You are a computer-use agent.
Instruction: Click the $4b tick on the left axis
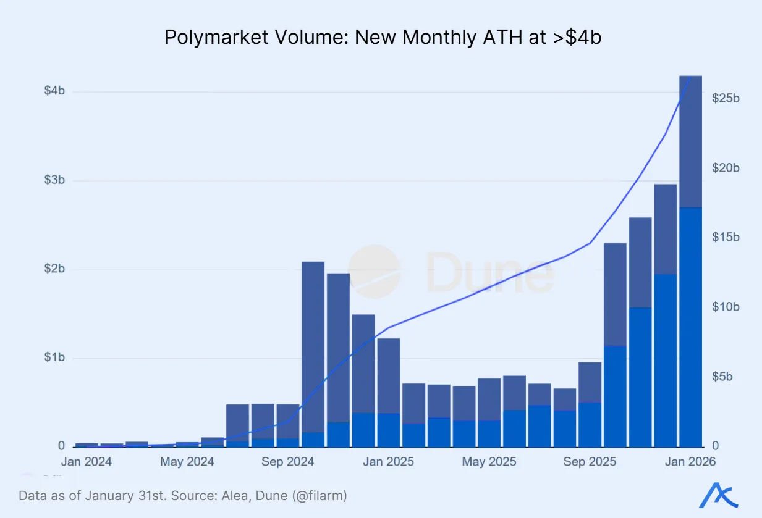pos(54,91)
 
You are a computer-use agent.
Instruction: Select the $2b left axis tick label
pos(54,269)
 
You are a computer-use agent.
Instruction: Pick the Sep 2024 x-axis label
pos(288,462)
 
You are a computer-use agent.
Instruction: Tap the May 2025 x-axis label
pos(489,462)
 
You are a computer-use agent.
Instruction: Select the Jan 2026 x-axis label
pos(690,462)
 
